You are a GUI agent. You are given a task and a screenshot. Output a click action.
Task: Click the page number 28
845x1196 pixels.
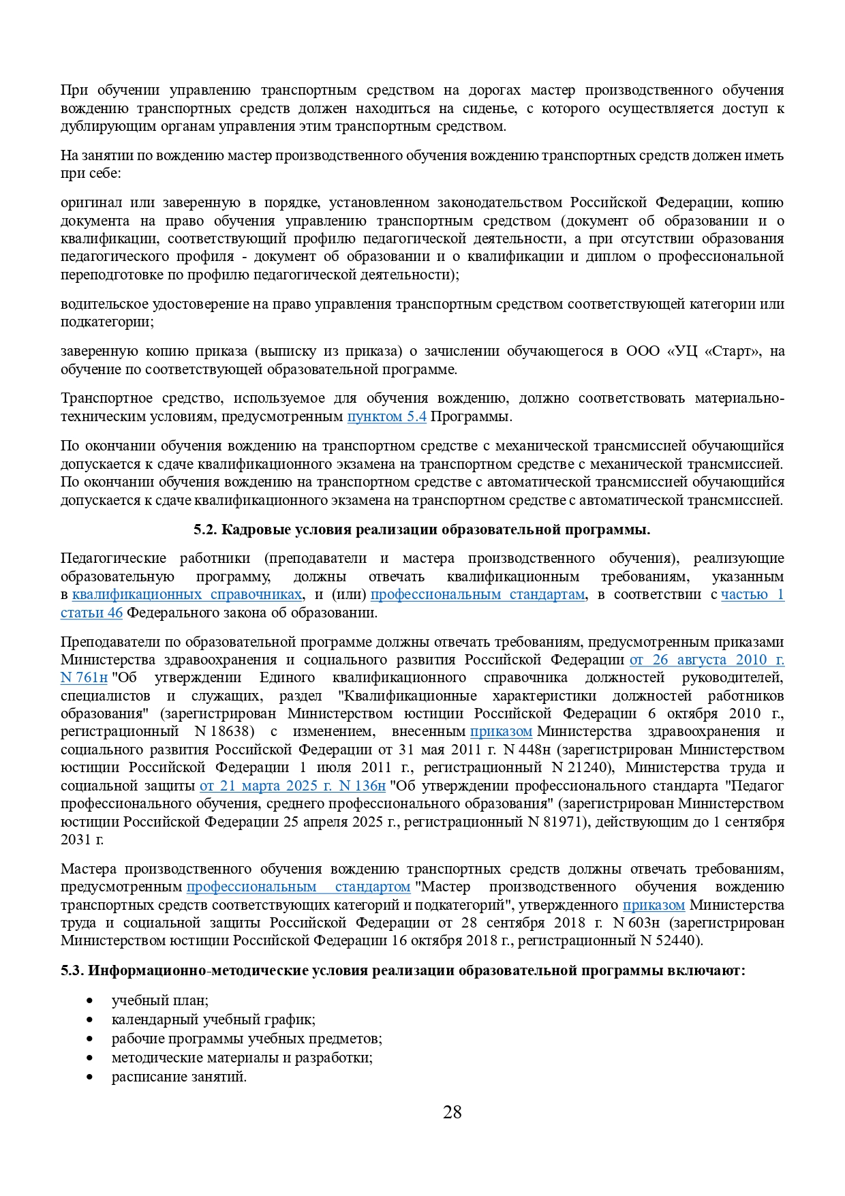point(452,1113)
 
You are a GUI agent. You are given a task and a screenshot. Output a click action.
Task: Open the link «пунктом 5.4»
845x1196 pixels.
point(386,416)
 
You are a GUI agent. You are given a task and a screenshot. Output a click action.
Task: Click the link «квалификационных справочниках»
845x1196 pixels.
point(187,594)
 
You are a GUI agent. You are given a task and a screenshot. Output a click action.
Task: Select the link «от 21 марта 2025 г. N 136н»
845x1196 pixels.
point(292,786)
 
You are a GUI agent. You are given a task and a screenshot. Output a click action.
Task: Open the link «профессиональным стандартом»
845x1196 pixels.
point(298,887)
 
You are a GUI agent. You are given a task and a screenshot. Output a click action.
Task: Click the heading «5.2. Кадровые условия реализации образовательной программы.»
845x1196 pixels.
point(422,530)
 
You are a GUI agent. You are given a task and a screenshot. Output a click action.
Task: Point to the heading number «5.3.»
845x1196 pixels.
point(72,970)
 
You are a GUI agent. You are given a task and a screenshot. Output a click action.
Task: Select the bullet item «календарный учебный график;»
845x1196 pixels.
point(213,1019)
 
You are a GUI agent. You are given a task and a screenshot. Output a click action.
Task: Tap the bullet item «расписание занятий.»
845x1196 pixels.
point(179,1077)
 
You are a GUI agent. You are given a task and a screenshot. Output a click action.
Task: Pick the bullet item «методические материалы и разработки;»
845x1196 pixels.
point(242,1058)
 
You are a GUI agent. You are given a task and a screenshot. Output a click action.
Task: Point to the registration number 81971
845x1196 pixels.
point(564,822)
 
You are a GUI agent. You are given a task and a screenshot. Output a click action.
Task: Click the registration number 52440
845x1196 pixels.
point(676,941)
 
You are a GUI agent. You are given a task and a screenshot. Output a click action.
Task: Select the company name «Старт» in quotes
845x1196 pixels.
point(732,352)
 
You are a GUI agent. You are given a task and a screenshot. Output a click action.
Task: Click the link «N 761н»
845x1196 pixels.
point(84,678)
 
